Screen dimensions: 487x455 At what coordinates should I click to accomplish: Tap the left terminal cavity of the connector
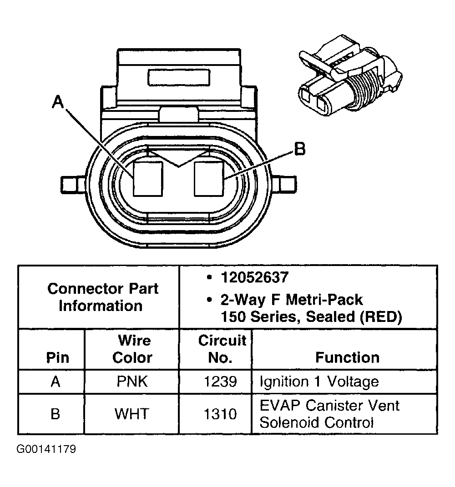click(x=148, y=179)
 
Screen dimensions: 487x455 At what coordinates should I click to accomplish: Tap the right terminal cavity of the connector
click(x=209, y=179)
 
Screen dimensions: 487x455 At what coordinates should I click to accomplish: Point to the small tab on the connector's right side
click(x=286, y=185)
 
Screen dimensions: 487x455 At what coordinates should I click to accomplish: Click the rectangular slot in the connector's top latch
click(x=179, y=77)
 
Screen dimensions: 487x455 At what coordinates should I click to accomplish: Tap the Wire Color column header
click(x=132, y=349)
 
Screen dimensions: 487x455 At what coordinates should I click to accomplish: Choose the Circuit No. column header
click(x=222, y=349)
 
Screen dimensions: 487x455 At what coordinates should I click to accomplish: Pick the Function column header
click(x=347, y=357)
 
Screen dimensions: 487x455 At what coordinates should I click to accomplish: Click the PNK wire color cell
click(x=132, y=381)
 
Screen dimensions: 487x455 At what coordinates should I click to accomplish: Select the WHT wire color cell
click(x=132, y=414)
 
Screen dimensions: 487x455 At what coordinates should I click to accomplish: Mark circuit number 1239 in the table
click(x=220, y=381)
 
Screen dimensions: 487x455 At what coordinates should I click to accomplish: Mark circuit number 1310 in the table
click(x=220, y=414)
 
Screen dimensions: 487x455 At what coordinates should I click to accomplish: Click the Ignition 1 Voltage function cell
click(x=318, y=381)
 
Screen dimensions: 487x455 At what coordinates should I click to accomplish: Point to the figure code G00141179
click(x=46, y=450)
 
